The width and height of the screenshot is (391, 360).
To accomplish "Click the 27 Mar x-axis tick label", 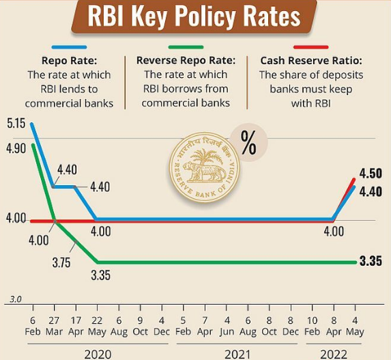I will [55, 326].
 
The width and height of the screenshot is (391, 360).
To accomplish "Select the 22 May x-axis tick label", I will [98, 326].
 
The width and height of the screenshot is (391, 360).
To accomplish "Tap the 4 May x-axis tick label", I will [355, 326].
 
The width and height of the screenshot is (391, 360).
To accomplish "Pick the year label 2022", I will [334, 352].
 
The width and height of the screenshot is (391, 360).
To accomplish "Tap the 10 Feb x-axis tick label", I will [312, 326].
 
